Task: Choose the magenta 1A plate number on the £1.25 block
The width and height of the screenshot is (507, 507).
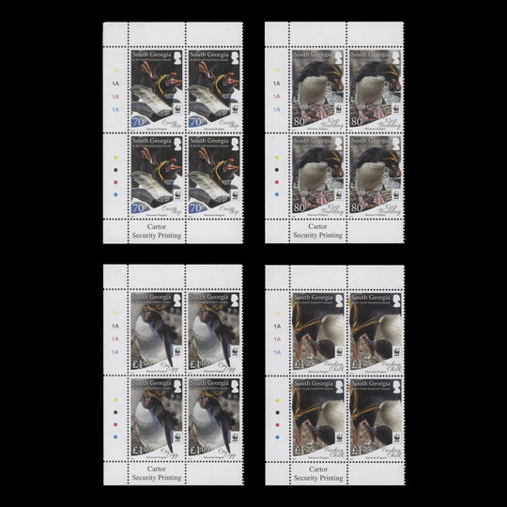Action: [x=276, y=340]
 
